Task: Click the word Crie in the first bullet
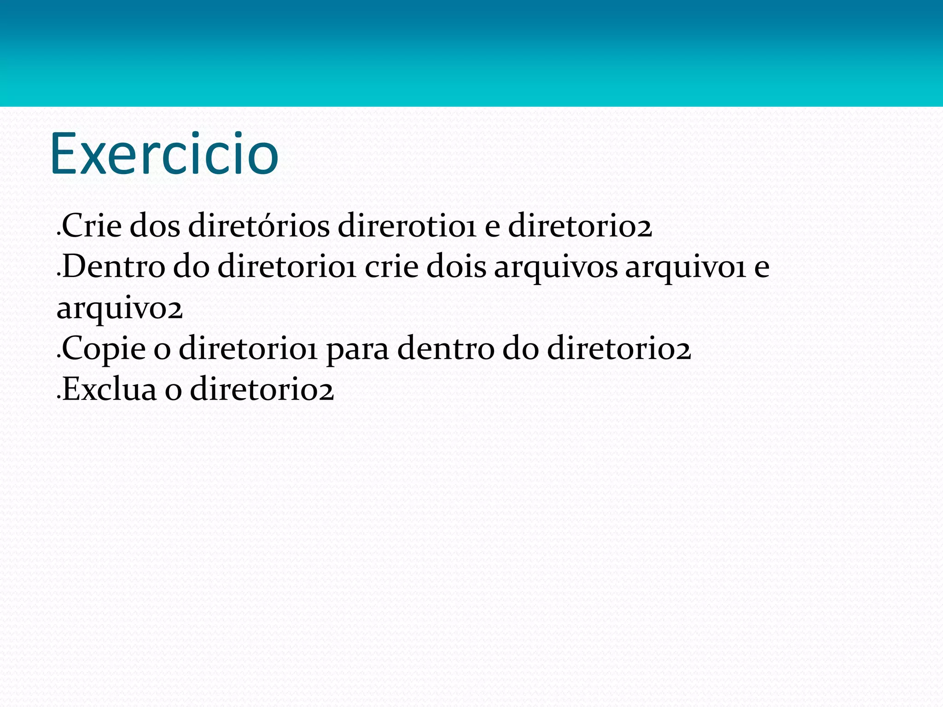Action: pyautogui.click(x=92, y=226)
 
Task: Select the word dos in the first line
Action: pyautogui.click(x=155, y=226)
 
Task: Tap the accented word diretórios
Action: pyautogui.click(x=259, y=226)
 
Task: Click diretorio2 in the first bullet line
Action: pyautogui.click(x=580, y=226)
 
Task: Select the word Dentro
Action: pyautogui.click(x=113, y=267)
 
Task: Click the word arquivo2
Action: pyautogui.click(x=119, y=309)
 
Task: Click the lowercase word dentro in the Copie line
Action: pyautogui.click(x=445, y=348)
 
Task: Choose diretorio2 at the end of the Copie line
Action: pyautogui.click(x=619, y=348)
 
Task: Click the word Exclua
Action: pyautogui.click(x=109, y=389)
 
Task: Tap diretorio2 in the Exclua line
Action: pyautogui.click(x=262, y=389)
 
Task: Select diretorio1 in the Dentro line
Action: pyautogui.click(x=286, y=267)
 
